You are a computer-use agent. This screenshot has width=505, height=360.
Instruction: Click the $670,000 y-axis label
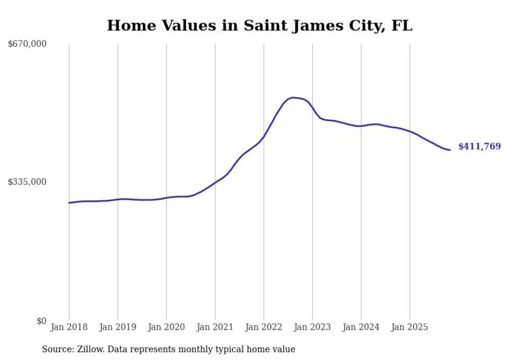point(27,44)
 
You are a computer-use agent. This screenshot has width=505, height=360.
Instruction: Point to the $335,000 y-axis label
point(27,182)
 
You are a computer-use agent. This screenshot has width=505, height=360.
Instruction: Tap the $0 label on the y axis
point(41,321)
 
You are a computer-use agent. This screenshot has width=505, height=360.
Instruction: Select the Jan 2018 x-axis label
point(69,327)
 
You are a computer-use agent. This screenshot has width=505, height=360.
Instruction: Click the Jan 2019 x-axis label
point(117,327)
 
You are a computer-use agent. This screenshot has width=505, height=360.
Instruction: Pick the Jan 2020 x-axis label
point(166,327)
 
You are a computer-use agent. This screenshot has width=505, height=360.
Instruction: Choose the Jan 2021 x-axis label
point(215,327)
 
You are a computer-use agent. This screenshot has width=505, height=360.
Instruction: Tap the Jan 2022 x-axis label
point(264,327)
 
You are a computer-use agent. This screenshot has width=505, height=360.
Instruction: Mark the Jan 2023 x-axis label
point(312,327)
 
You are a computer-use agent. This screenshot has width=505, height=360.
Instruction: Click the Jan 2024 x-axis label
point(361,327)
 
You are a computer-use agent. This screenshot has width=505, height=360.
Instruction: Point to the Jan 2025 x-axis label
point(410,327)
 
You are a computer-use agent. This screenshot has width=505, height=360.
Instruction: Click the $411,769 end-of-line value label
point(479,147)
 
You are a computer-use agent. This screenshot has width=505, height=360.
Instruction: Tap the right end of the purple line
point(450,150)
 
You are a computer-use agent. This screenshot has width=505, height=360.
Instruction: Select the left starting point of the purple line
point(69,202)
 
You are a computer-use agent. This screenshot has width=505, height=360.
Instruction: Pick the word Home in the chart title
point(126,26)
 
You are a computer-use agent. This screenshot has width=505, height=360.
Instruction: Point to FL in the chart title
point(402,26)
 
